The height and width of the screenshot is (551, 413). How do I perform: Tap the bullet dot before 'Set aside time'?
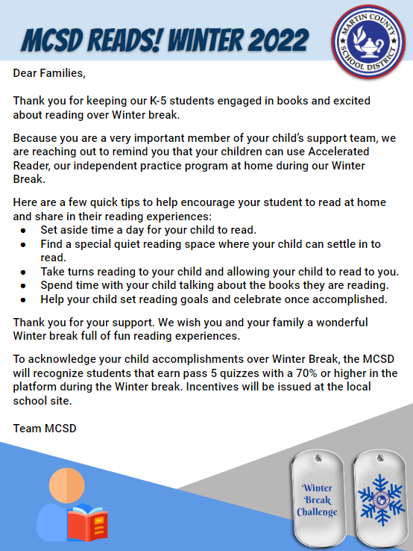click(x=25, y=231)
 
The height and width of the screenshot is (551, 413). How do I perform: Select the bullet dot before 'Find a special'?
click(x=25, y=244)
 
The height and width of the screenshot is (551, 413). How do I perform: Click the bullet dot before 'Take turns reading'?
click(x=25, y=272)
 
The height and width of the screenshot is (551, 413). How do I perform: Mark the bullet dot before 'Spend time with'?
click(x=25, y=285)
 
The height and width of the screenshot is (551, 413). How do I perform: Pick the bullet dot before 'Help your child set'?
click(x=25, y=299)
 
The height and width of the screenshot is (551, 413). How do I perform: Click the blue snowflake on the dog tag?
click(x=379, y=499)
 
